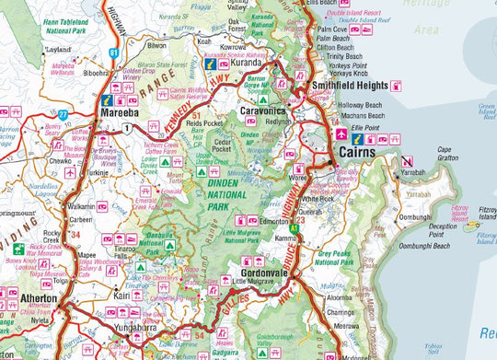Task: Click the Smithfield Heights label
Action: click(x=349, y=86)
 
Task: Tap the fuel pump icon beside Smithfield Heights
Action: click(x=396, y=86)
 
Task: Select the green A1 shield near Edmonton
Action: click(x=296, y=220)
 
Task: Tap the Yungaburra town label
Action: click(x=121, y=328)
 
